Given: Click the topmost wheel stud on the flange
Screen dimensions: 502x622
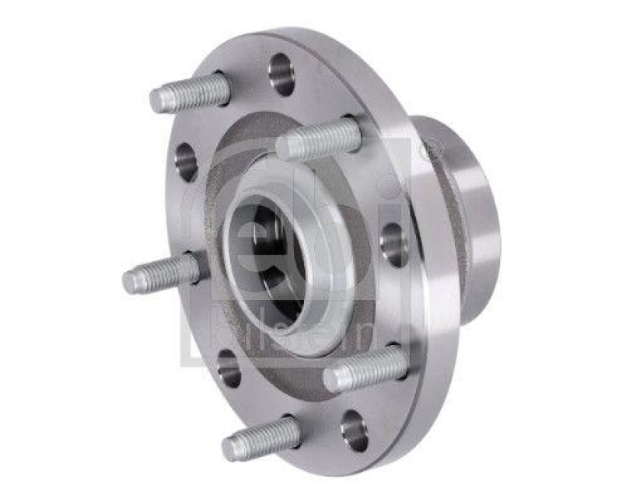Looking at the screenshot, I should pos(190,92).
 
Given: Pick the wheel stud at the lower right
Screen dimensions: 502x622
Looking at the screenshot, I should pos(365,368).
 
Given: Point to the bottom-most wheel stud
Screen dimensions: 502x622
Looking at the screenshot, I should pos(260,438).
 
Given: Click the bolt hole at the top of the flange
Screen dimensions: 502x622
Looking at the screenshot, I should pos(281,74).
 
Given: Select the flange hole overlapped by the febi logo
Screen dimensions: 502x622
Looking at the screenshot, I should pos(393,244).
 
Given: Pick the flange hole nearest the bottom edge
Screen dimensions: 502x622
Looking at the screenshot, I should pos(355,430).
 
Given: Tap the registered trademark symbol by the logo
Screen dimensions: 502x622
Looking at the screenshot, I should pos(430,148).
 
